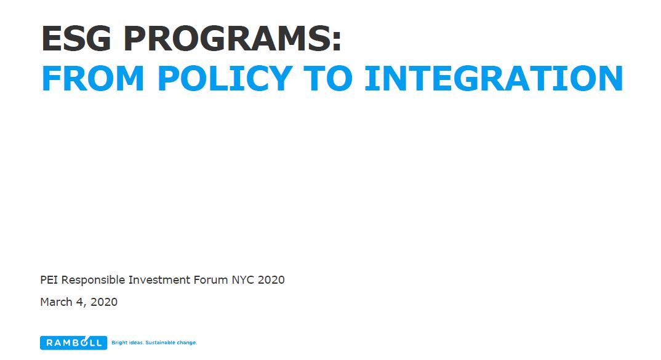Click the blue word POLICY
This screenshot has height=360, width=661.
pyautogui.click(x=225, y=78)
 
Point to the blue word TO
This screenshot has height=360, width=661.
pyautogui.click(x=327, y=78)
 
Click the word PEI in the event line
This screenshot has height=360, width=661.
pyautogui.click(x=49, y=280)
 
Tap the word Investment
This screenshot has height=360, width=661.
pyautogui.click(x=159, y=280)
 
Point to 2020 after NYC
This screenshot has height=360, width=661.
pyautogui.click(x=271, y=280)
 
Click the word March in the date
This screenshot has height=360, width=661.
pyautogui.click(x=56, y=302)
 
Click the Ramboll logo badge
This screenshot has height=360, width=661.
pyautogui.click(x=73, y=343)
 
